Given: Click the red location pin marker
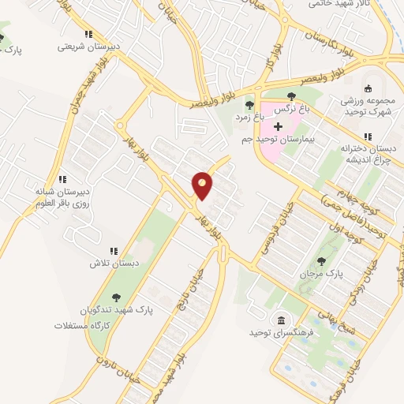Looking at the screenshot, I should pyautogui.click(x=203, y=185).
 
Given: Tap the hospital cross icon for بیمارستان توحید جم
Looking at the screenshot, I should pyautogui.click(x=278, y=126).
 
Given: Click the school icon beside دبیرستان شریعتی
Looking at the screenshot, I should pyautogui.click(x=88, y=34).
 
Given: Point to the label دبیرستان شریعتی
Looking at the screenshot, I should pyautogui.click(x=88, y=47).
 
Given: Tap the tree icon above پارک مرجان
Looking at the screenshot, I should pyautogui.click(x=321, y=261).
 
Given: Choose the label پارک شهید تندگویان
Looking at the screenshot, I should pyautogui.click(x=118, y=310).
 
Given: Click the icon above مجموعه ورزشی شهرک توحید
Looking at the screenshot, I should pyautogui.click(x=367, y=89).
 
